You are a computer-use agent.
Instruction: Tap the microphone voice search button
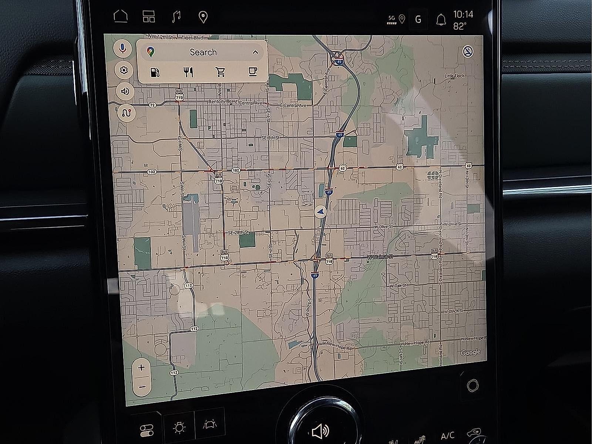[123, 49]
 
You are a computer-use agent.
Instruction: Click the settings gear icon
[124, 70]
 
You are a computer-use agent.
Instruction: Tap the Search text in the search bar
[203, 52]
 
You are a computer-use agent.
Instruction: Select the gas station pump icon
[155, 72]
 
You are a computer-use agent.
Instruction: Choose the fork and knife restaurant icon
[188, 72]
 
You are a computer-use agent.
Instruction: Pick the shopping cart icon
[221, 72]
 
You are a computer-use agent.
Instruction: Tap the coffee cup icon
[253, 71]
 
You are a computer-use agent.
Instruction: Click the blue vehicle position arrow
[320, 211]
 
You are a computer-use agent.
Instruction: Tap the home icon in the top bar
[121, 17]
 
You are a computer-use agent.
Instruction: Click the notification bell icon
[441, 20]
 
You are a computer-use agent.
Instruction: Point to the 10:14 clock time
[463, 14]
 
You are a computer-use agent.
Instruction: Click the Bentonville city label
[220, 101]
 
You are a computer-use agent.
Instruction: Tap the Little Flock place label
[454, 76]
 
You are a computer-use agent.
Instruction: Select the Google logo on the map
[470, 352]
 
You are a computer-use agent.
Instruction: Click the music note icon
[177, 17]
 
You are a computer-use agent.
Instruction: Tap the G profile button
[418, 19]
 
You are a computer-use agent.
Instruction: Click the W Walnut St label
[380, 256]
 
